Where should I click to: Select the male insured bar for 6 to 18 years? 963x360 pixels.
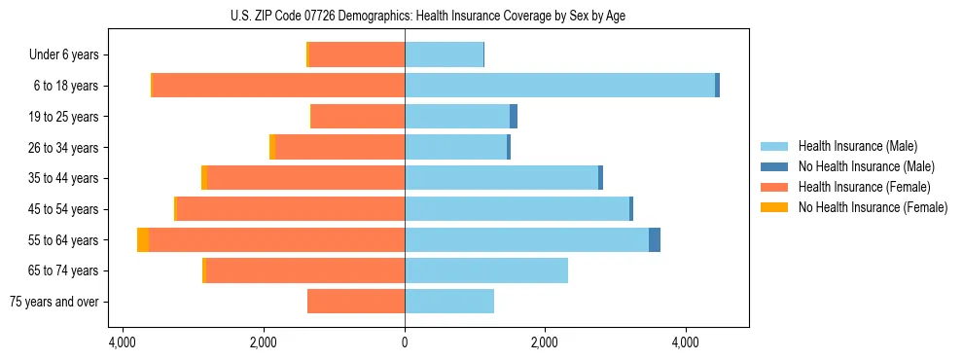[559, 86]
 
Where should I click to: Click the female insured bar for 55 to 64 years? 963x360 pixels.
[276, 239]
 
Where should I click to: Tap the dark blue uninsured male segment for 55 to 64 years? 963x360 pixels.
[655, 239]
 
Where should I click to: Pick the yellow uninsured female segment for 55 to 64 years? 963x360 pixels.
[143, 239]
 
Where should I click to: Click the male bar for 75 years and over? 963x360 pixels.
[449, 302]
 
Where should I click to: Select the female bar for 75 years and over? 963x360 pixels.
[356, 302]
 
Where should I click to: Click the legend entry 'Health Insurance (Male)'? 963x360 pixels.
[857, 146]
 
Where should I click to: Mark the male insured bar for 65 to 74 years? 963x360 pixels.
[486, 270]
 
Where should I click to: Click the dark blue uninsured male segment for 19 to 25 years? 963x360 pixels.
[514, 117]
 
